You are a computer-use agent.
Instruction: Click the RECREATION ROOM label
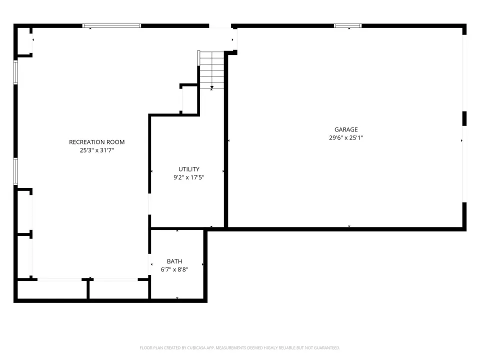click(x=96, y=142)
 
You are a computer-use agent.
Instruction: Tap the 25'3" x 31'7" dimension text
click(x=96, y=150)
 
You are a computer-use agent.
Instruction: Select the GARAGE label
click(x=346, y=129)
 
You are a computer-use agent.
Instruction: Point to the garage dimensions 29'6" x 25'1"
click(x=346, y=138)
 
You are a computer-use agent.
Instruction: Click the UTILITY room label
click(x=189, y=169)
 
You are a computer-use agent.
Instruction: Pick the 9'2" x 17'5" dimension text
click(x=189, y=177)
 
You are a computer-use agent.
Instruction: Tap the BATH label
click(x=174, y=261)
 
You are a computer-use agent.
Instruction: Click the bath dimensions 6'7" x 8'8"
click(x=174, y=269)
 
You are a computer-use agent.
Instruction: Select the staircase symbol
click(x=211, y=70)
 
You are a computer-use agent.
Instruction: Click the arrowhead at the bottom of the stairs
click(x=212, y=88)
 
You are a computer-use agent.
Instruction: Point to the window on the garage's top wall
click(x=348, y=25)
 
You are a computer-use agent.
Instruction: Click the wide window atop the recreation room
click(x=111, y=25)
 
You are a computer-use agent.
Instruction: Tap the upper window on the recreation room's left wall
click(x=15, y=72)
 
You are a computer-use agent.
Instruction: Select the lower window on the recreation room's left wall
click(x=15, y=171)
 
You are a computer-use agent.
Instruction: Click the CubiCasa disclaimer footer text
click(x=239, y=348)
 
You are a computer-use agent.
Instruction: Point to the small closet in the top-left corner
click(x=24, y=41)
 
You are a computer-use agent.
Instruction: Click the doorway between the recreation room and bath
click(x=149, y=264)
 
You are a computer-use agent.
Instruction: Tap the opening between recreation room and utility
click(x=149, y=204)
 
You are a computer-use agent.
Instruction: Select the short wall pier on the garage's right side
click(x=464, y=118)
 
